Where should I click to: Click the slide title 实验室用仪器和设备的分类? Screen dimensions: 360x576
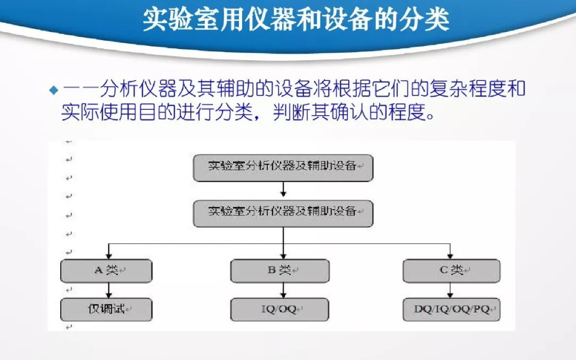click(x=296, y=20)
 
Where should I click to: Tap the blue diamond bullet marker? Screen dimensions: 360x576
click(x=53, y=90)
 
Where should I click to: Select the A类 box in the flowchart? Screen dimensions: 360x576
click(x=106, y=270)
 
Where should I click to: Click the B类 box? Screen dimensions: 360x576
click(x=279, y=270)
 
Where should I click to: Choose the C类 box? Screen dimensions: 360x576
click(x=451, y=270)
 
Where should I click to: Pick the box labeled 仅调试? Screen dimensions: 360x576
click(x=106, y=309)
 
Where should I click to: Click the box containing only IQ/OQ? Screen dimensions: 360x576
click(x=279, y=309)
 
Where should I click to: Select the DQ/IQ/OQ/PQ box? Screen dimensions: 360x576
click(x=451, y=309)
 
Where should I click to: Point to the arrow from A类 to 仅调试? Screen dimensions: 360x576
click(x=109, y=290)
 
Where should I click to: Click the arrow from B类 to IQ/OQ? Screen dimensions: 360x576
click(x=283, y=290)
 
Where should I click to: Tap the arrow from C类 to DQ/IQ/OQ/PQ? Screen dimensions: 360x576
click(x=451, y=290)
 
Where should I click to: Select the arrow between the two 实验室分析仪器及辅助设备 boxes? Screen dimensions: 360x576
click(x=283, y=189)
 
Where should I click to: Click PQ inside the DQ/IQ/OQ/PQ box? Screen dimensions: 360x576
click(x=481, y=309)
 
